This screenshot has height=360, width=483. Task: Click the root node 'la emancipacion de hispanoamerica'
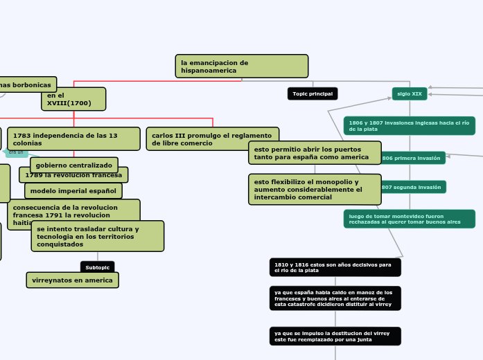click(x=241, y=66)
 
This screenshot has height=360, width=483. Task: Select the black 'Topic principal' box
click(x=312, y=93)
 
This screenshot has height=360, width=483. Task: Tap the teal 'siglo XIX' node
click(x=410, y=93)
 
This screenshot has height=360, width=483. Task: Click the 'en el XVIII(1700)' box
click(x=73, y=99)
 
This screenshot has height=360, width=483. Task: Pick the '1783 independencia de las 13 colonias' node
click(x=73, y=138)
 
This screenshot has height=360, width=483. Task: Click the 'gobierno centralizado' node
click(x=73, y=165)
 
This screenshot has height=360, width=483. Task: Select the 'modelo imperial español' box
click(x=73, y=190)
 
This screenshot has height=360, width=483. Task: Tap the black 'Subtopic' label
click(x=98, y=267)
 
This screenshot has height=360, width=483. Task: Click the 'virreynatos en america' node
click(x=73, y=280)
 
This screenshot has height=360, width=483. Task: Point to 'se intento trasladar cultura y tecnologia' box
click(x=98, y=236)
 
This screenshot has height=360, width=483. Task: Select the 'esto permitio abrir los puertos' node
click(x=315, y=153)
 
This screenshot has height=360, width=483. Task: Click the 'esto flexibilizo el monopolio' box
click(x=315, y=189)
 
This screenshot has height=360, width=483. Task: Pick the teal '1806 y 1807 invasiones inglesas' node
click(x=409, y=125)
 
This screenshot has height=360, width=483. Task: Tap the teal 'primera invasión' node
click(x=412, y=158)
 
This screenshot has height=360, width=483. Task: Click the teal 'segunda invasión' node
click(x=412, y=187)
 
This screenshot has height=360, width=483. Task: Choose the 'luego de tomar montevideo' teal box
click(x=409, y=219)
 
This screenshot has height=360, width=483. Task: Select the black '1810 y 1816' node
click(x=335, y=267)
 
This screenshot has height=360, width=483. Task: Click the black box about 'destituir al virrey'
click(x=335, y=298)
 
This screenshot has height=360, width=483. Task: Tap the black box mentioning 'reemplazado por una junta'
click(x=335, y=336)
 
